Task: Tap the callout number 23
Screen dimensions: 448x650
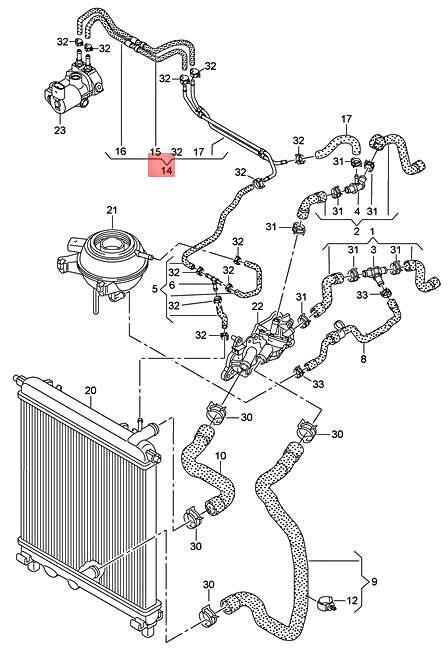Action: (x=60, y=130)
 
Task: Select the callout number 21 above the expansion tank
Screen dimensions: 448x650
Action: (x=112, y=210)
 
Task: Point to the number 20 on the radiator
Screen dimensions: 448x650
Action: (x=90, y=390)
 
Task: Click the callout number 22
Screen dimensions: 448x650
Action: (x=257, y=306)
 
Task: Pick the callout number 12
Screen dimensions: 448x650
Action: (x=351, y=600)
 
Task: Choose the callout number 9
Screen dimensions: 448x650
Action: (x=374, y=582)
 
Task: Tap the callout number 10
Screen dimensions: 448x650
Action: (x=221, y=456)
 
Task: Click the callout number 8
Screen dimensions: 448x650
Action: (x=363, y=359)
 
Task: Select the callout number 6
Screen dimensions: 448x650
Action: (x=172, y=285)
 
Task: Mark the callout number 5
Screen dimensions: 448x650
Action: (x=155, y=289)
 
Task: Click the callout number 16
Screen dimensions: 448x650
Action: (x=121, y=152)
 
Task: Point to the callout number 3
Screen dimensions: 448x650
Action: (x=373, y=250)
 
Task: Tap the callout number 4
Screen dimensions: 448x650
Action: (x=357, y=211)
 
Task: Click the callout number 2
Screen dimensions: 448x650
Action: (x=357, y=230)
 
